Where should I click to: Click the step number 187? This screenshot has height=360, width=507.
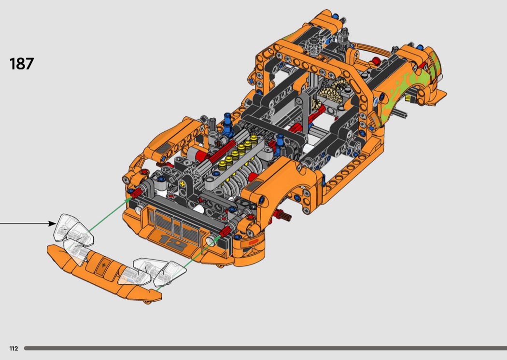pyautogui.click(x=22, y=64)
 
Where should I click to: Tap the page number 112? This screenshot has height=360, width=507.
pyautogui.click(x=14, y=348)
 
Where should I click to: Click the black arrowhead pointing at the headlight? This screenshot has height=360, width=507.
pyautogui.click(x=52, y=223)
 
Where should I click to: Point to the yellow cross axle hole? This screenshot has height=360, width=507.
pyautogui.click(x=183, y=184)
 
